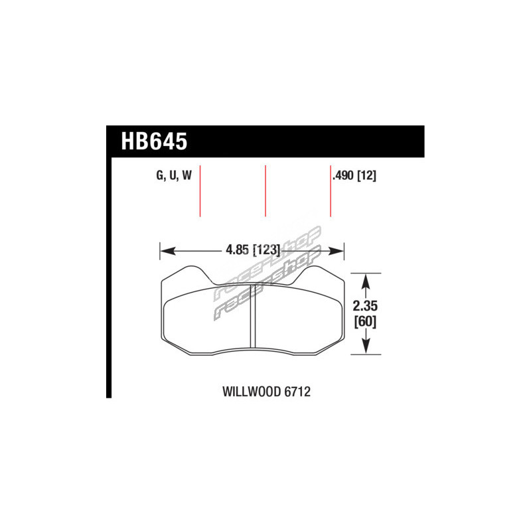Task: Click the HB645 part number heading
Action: click(x=154, y=141)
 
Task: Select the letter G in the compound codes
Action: click(x=159, y=175)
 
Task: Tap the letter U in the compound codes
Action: click(x=173, y=175)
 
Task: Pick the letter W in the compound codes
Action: click(x=187, y=175)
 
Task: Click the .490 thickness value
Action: click(x=344, y=175)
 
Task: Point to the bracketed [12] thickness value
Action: click(x=367, y=175)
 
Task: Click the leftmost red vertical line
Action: click(x=200, y=191)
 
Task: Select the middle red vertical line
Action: click(x=265, y=191)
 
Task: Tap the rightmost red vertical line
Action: click(x=330, y=191)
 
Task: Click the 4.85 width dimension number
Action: click(x=238, y=251)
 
